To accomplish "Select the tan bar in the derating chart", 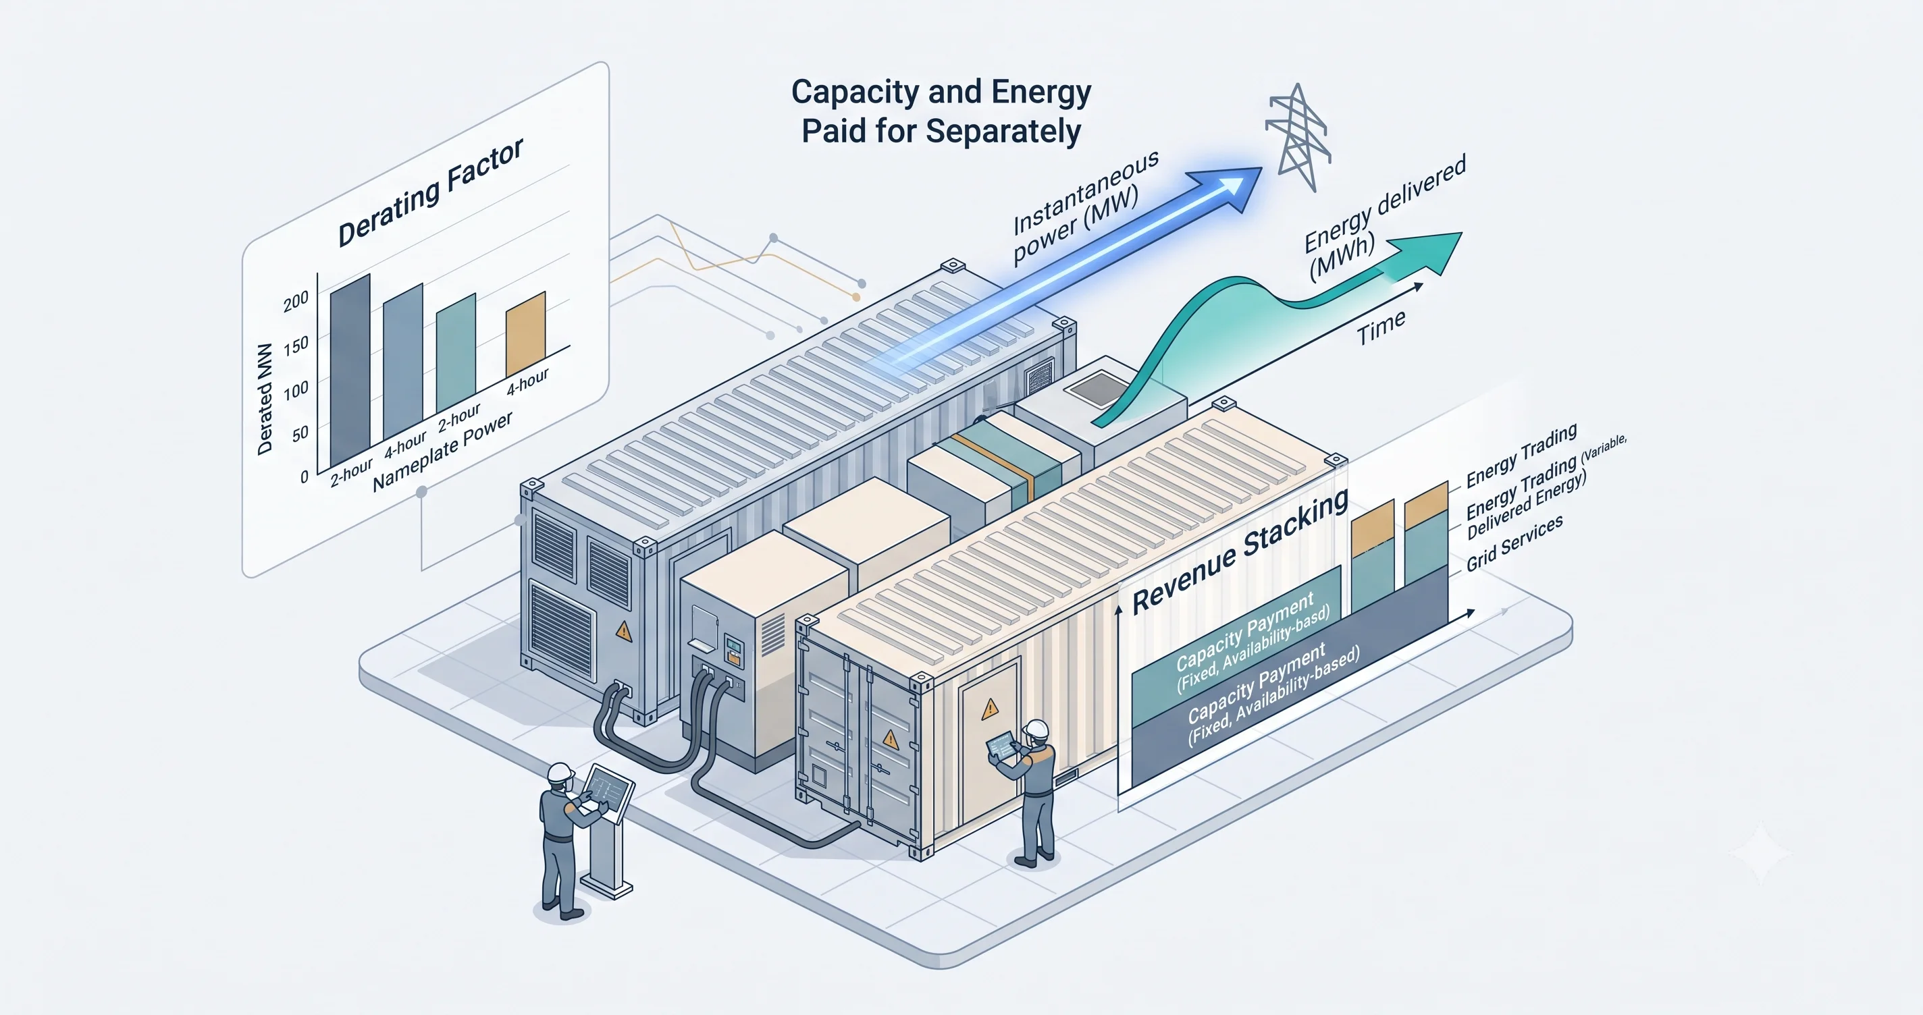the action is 525,334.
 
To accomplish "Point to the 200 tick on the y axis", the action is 296,300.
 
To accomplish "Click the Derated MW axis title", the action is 265,399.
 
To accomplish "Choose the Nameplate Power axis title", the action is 443,451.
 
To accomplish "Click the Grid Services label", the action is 1514,543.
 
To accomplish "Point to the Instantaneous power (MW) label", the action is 1084,206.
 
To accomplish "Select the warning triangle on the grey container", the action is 623,632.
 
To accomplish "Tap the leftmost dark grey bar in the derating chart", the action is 350,371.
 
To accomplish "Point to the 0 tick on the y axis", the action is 304,477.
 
